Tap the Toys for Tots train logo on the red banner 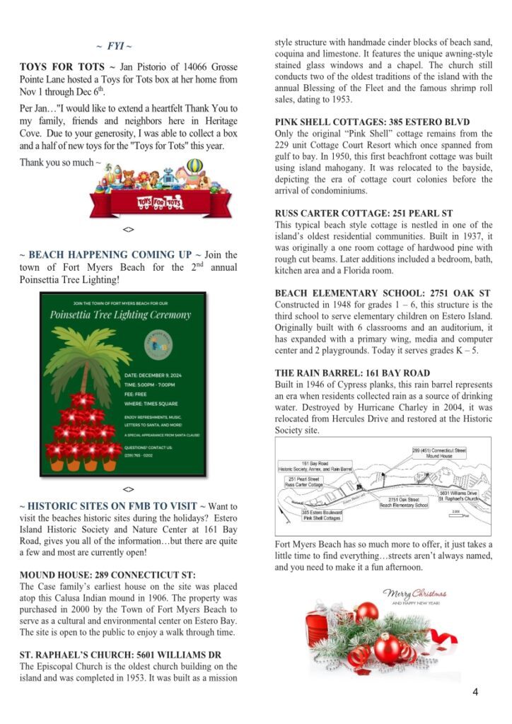[x=159, y=204]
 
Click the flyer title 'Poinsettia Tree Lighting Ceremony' [x=120, y=315]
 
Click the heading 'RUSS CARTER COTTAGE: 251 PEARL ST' [x=363, y=213]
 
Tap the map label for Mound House [x=438, y=453]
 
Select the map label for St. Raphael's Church [x=459, y=496]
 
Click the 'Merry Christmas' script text [x=415, y=594]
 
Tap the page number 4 [x=475, y=691]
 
